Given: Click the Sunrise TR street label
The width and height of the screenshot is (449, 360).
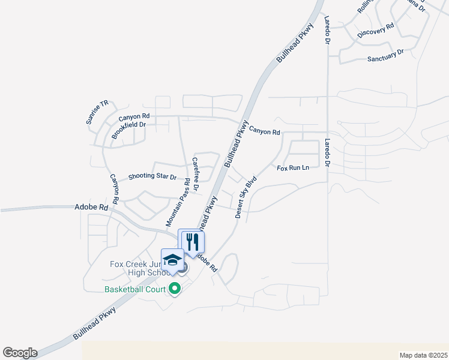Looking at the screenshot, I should click(97, 112).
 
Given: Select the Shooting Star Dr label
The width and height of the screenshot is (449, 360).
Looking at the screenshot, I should click(152, 177).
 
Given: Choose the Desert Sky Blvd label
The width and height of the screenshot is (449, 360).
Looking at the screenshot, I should click(246, 197).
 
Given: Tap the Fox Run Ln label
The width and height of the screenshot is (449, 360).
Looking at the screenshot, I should click(292, 168).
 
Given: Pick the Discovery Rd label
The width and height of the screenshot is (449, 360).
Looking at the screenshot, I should click(375, 31).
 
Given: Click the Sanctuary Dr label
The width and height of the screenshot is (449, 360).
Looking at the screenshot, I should click(385, 56).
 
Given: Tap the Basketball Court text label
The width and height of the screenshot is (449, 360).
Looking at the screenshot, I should click(135, 289).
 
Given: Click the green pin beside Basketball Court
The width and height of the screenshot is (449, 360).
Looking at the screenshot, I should click(175, 289).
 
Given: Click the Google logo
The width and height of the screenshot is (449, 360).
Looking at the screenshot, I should click(20, 353).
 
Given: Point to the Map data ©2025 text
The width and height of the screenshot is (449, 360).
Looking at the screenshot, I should click(423, 355).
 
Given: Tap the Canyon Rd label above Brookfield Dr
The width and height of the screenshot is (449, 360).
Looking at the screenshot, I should click(134, 116).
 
